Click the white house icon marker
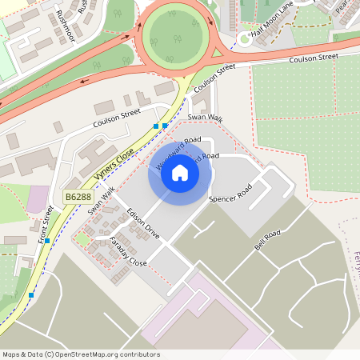click(180, 173)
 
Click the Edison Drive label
click(144, 223)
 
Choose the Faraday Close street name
click(127, 250)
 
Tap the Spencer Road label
click(230, 193)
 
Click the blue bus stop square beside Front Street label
click(47, 240)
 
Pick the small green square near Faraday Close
click(82, 239)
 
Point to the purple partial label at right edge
click(356, 264)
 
